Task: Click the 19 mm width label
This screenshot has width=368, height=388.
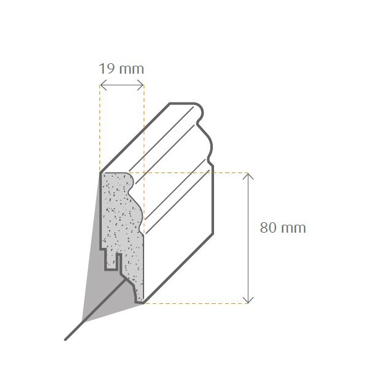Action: [121, 68]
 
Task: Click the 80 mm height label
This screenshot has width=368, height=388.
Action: [283, 228]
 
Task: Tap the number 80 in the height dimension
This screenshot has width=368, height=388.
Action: [267, 228]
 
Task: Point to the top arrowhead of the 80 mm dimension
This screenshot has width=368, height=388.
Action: [248, 176]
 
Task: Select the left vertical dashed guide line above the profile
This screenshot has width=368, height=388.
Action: [100, 129]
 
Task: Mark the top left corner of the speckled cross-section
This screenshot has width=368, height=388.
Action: [102, 174]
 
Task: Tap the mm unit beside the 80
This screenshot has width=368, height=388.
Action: [293, 228]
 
